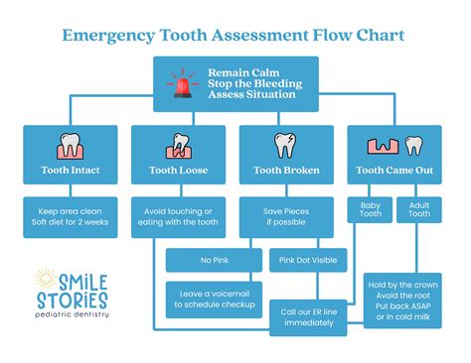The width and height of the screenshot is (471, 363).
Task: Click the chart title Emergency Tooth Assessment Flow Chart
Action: (x=235, y=37)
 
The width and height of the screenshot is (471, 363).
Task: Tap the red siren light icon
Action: (x=182, y=83)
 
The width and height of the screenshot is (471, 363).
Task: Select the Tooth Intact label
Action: (x=72, y=171)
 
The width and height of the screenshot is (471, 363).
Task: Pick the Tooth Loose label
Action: (x=180, y=171)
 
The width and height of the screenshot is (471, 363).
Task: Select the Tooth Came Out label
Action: (x=396, y=171)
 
